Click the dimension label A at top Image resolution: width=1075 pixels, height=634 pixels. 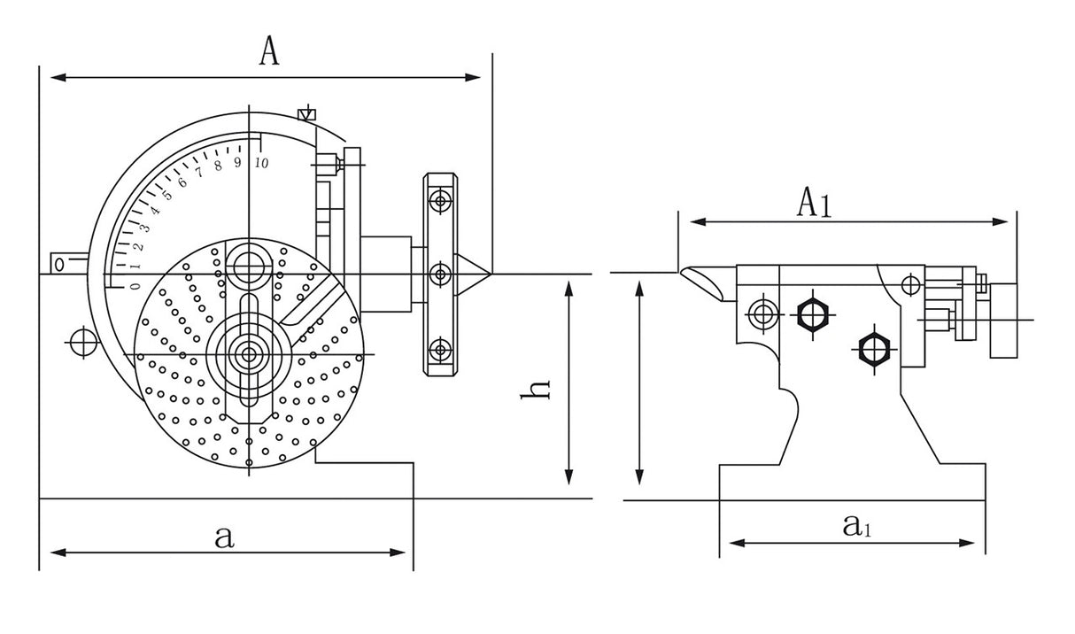(269, 51)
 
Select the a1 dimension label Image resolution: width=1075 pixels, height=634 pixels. (856, 527)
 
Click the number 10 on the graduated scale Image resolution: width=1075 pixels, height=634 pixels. (261, 163)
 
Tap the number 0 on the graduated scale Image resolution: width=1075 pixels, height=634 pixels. (135, 285)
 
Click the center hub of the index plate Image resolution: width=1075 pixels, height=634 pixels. (247, 354)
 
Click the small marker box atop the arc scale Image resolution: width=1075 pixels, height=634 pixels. (306, 114)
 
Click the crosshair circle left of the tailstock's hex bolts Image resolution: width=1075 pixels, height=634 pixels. (761, 312)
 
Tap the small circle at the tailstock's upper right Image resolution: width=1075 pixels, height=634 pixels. (908, 285)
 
